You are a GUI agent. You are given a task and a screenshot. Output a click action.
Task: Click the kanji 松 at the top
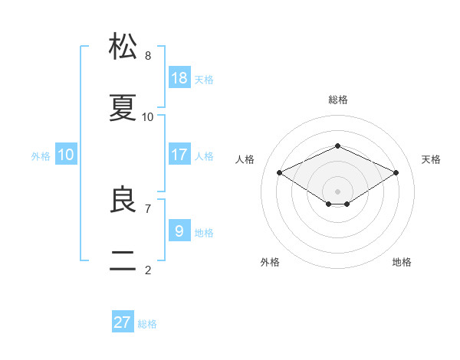(x=123, y=46)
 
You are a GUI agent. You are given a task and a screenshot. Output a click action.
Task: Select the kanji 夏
(x=123, y=107)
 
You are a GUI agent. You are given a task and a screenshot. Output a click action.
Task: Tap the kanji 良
(x=123, y=199)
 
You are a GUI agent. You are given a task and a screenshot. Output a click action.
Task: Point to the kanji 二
(x=123, y=260)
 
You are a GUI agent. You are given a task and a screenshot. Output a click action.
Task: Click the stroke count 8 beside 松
(x=148, y=56)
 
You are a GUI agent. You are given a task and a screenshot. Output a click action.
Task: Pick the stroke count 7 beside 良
(x=148, y=209)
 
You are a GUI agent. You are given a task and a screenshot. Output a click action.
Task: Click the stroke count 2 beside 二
(x=148, y=270)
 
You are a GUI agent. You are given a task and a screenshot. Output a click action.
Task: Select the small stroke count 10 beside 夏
(x=147, y=117)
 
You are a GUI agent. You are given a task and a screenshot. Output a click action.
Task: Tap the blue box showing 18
(x=179, y=77)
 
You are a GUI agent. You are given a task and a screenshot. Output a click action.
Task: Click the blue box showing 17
(x=179, y=154)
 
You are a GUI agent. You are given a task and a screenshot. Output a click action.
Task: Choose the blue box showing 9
(x=179, y=230)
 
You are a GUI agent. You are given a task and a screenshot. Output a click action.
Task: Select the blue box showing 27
(x=123, y=321)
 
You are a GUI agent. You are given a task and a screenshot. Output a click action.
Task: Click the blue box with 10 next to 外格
(x=66, y=154)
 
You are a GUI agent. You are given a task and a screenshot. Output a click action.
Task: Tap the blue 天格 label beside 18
(x=204, y=80)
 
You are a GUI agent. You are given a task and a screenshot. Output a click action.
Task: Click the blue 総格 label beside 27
(x=147, y=324)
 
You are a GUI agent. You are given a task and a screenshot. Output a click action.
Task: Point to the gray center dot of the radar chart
(x=337, y=191)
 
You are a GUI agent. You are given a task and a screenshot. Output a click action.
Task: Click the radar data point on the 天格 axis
(x=396, y=172)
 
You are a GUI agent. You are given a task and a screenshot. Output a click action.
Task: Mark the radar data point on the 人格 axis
(x=280, y=172)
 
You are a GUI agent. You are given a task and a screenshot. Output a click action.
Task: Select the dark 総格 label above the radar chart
(x=338, y=100)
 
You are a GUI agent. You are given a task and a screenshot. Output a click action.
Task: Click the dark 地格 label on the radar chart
(x=402, y=262)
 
